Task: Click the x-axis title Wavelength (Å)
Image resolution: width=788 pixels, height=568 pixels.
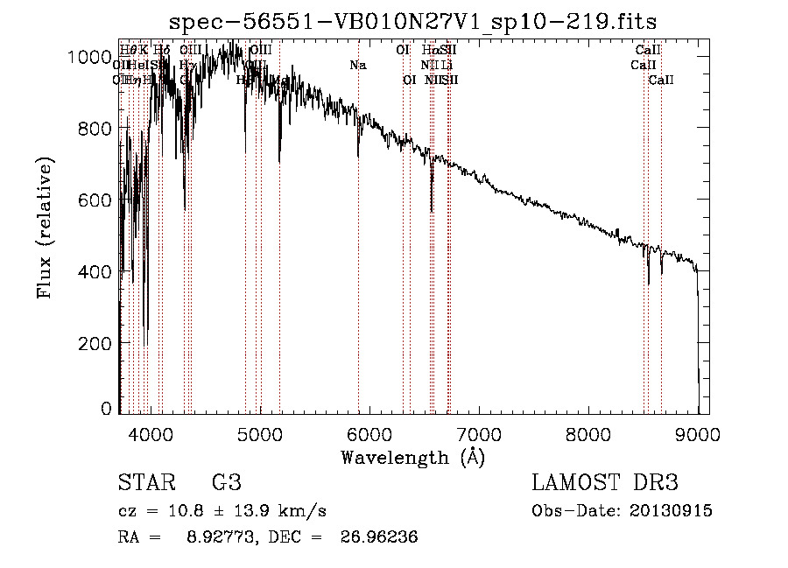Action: coord(412,457)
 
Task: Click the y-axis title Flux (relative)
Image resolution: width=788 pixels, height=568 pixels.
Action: coord(45,228)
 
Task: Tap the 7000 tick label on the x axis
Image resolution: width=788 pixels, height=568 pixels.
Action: coord(479,432)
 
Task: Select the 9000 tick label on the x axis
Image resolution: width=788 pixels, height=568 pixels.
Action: coord(698,432)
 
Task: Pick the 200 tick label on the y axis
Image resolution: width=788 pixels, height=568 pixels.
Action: coord(95,343)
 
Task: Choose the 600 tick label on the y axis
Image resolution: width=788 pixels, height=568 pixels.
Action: coord(95,200)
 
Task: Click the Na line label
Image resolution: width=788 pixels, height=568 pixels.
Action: coord(357,66)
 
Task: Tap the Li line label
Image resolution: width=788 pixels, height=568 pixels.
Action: coord(447,66)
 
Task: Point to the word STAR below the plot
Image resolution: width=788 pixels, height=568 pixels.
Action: coord(146,483)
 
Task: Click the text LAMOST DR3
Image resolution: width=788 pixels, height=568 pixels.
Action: coord(605,483)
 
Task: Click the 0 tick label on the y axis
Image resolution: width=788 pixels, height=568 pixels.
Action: coord(106,409)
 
